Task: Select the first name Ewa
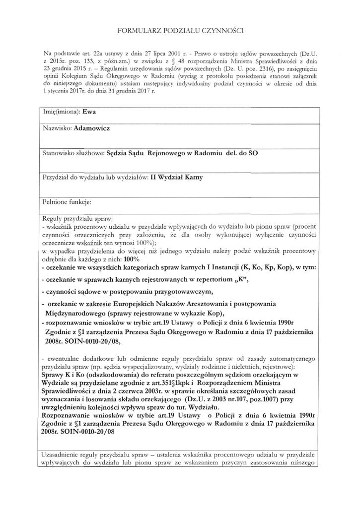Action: (89, 112)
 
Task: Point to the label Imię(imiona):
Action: (62, 112)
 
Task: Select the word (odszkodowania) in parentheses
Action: (107, 376)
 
